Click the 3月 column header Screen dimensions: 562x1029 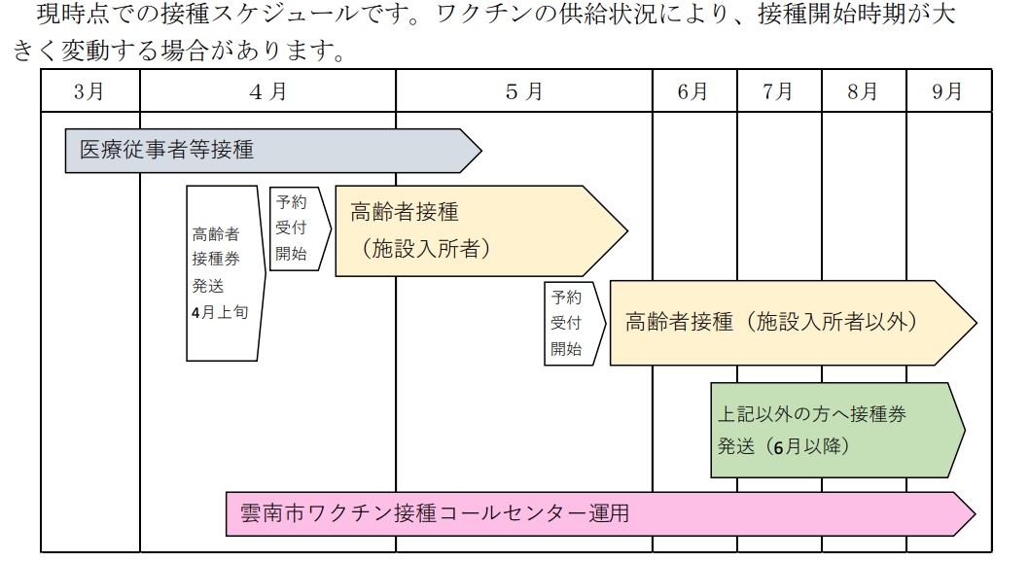(x=89, y=91)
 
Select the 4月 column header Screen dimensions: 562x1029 (x=267, y=91)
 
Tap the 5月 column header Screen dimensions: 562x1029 (x=524, y=91)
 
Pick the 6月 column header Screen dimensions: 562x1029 (x=693, y=91)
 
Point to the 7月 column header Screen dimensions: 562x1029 (x=778, y=91)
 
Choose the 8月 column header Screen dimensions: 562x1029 (x=863, y=91)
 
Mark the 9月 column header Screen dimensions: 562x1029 (x=947, y=91)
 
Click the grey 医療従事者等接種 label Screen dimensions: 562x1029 (x=166, y=150)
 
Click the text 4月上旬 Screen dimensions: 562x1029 (x=220, y=313)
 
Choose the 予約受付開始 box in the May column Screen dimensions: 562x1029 (x=568, y=324)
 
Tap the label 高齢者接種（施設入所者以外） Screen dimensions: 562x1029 (x=771, y=322)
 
